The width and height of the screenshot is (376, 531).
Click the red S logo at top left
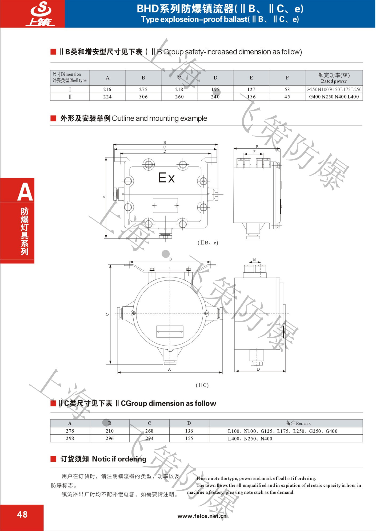[x=41, y=13]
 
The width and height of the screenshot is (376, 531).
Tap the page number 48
[x=22, y=514]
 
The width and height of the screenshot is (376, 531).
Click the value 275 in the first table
[x=143, y=89]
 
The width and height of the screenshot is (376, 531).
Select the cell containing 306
[x=143, y=97]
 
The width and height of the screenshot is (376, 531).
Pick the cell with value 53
[x=287, y=89]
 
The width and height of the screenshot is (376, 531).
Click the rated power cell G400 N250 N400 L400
[x=334, y=97]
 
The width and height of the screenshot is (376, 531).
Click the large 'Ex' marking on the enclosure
[x=167, y=177]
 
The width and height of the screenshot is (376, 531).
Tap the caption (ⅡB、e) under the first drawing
[x=208, y=243]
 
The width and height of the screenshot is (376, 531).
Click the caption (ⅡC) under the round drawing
[x=202, y=385]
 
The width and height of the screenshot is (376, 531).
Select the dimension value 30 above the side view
[x=254, y=260]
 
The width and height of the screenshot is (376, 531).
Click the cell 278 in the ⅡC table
[x=70, y=431]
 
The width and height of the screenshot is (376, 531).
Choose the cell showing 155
[x=189, y=438]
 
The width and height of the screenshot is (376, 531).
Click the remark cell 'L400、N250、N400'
[x=250, y=439]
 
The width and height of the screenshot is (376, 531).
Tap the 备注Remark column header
[x=298, y=423]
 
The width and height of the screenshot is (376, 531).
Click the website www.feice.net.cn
[x=202, y=516]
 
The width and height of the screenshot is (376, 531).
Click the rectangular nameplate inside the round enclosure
[x=170, y=332]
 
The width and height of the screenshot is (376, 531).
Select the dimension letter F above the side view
[x=254, y=152]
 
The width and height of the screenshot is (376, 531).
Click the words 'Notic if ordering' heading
[x=119, y=459]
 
